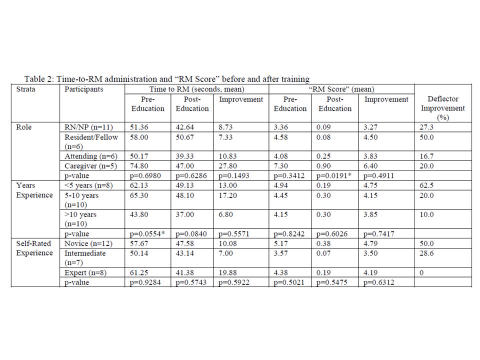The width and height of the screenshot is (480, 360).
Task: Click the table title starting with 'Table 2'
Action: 166,79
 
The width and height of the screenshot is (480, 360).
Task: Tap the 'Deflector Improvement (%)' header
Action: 442,108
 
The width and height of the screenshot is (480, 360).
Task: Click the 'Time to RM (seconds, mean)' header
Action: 196,89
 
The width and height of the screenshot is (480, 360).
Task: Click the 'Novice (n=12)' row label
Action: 87,243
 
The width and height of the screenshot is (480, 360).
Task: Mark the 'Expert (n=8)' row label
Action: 85,272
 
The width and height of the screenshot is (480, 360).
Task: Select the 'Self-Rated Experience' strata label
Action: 34,248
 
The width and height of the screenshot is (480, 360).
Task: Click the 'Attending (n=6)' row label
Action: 89,156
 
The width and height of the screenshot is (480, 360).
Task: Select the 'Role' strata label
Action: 24,127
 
